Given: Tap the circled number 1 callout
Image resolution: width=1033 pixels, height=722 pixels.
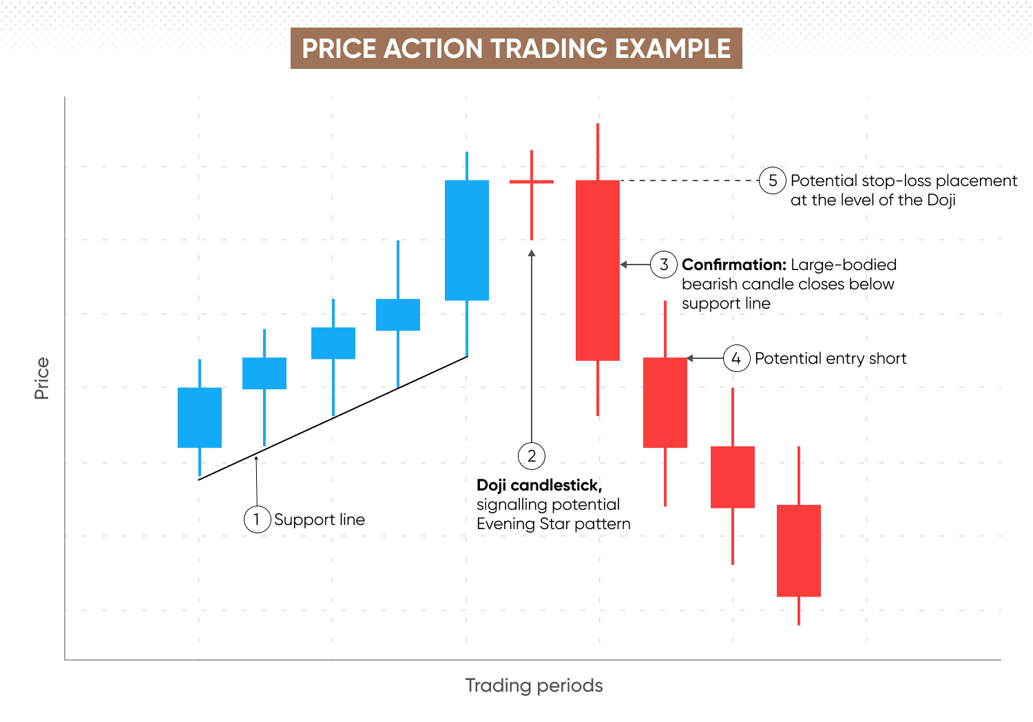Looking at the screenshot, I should point(257,519).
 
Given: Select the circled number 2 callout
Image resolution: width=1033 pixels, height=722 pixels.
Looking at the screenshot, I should point(532,455).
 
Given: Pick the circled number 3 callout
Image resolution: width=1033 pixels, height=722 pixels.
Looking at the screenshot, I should point(664,265).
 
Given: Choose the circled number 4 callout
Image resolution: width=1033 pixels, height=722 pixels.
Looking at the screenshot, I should point(736,358).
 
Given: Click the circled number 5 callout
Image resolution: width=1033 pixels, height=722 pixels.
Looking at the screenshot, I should point(773,180).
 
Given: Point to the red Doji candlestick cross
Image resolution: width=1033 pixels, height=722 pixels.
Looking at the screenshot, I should point(532,182).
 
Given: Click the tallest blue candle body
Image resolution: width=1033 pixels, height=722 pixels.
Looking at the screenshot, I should point(467,240).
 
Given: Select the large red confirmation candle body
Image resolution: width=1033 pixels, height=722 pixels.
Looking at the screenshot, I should point(598,270).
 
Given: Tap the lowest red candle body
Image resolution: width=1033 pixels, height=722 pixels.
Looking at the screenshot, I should point(799,550).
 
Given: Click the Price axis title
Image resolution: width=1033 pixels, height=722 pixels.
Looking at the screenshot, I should point(42,378).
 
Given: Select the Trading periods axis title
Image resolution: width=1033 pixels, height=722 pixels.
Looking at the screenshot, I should point(534,685).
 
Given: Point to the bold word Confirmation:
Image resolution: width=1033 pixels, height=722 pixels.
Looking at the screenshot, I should point(733,265).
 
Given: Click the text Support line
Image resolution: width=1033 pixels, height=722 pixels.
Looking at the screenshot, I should point(320,519).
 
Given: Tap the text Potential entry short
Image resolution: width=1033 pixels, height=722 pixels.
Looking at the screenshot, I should point(831,358).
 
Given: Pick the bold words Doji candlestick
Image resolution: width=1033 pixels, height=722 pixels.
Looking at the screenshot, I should point(539,485).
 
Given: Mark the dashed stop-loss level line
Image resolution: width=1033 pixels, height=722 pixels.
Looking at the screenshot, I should point(689,180).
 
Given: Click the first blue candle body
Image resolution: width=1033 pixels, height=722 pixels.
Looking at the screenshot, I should point(200,417).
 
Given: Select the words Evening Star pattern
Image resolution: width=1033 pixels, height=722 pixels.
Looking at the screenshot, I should point(553,524).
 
